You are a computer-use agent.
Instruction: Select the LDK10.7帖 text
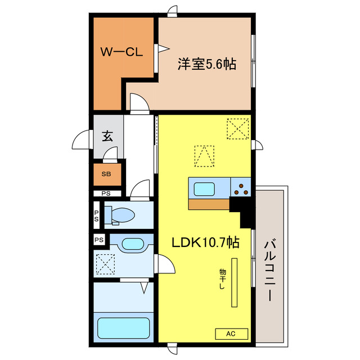206,243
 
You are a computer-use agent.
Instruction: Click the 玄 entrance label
107,136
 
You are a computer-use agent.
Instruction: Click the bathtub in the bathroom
124,328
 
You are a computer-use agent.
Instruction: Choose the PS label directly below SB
106,193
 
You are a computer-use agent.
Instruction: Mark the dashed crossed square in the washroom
106,264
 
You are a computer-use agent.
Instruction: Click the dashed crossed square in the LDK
238,128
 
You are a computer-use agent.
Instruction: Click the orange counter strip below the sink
209,204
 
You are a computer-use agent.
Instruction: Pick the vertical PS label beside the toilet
97,215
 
